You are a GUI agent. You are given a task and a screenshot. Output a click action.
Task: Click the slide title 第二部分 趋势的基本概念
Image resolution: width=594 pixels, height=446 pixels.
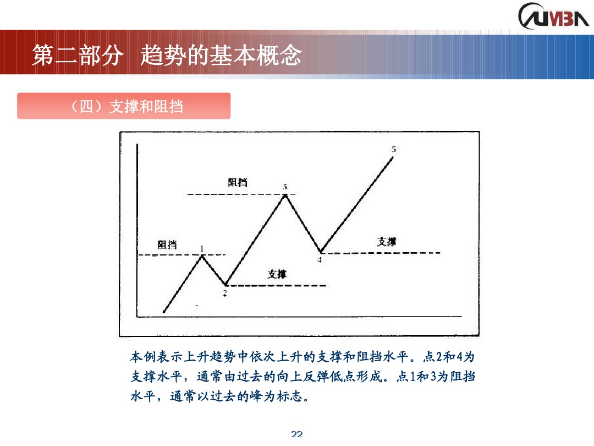(x=167, y=55)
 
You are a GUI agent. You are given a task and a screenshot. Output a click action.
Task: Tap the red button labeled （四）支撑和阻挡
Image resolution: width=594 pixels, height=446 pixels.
(x=124, y=106)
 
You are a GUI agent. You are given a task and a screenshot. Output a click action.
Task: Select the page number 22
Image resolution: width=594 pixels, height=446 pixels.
(x=297, y=434)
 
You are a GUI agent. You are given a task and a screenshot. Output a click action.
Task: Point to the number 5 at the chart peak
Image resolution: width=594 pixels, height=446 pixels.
(x=394, y=149)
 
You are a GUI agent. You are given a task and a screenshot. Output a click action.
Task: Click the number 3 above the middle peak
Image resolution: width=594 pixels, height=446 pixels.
(x=285, y=187)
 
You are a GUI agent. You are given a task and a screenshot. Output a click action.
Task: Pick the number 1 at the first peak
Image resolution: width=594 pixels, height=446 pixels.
(x=202, y=248)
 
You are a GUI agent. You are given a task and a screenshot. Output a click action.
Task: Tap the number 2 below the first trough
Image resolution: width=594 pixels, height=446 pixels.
(x=224, y=293)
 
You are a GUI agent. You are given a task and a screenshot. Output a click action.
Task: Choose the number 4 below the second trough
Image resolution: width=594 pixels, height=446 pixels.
(x=320, y=260)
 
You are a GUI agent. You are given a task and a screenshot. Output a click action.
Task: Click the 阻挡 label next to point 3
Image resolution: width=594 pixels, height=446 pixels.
(x=238, y=182)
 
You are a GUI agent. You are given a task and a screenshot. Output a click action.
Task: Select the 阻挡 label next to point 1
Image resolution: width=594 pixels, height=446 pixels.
(x=167, y=244)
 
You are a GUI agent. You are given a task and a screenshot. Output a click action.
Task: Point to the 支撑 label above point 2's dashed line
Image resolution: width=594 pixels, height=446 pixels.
(x=277, y=274)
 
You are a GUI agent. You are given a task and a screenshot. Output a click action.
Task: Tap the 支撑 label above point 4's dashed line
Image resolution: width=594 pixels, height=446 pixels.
(x=387, y=241)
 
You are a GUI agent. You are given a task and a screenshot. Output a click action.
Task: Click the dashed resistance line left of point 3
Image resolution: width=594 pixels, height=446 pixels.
(x=231, y=194)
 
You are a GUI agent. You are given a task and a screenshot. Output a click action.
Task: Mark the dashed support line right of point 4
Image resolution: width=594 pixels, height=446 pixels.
(x=385, y=253)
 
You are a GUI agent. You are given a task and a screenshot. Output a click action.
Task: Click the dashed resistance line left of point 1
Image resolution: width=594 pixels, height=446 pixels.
(x=165, y=255)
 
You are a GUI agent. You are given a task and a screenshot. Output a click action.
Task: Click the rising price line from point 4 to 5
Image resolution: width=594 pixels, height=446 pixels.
(x=358, y=204)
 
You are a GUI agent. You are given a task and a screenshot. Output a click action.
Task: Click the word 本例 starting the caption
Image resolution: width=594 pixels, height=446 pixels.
(x=142, y=357)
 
